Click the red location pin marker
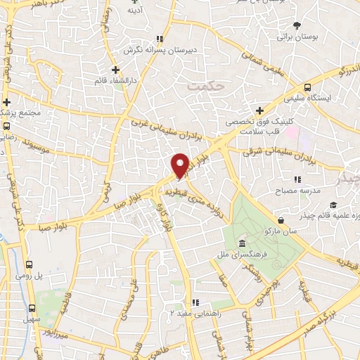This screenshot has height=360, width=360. [x=181, y=166]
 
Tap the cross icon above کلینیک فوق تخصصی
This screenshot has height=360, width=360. [x=260, y=110]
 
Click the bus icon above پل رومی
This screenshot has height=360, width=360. [x=29, y=264]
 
